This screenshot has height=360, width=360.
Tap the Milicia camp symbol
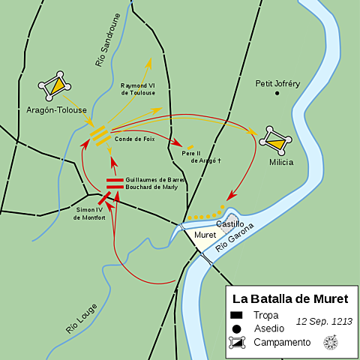point(274,139)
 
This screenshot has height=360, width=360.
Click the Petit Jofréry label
point(277,83)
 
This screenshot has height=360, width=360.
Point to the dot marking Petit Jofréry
point(277,93)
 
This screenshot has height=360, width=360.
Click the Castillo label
point(230,223)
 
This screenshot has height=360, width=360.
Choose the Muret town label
point(205,235)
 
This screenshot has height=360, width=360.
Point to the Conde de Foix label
point(134,138)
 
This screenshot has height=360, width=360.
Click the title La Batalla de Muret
point(289,298)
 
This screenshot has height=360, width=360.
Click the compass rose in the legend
point(330,342)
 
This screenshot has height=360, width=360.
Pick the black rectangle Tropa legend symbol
point(238,315)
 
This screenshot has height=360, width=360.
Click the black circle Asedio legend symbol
point(238,328)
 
